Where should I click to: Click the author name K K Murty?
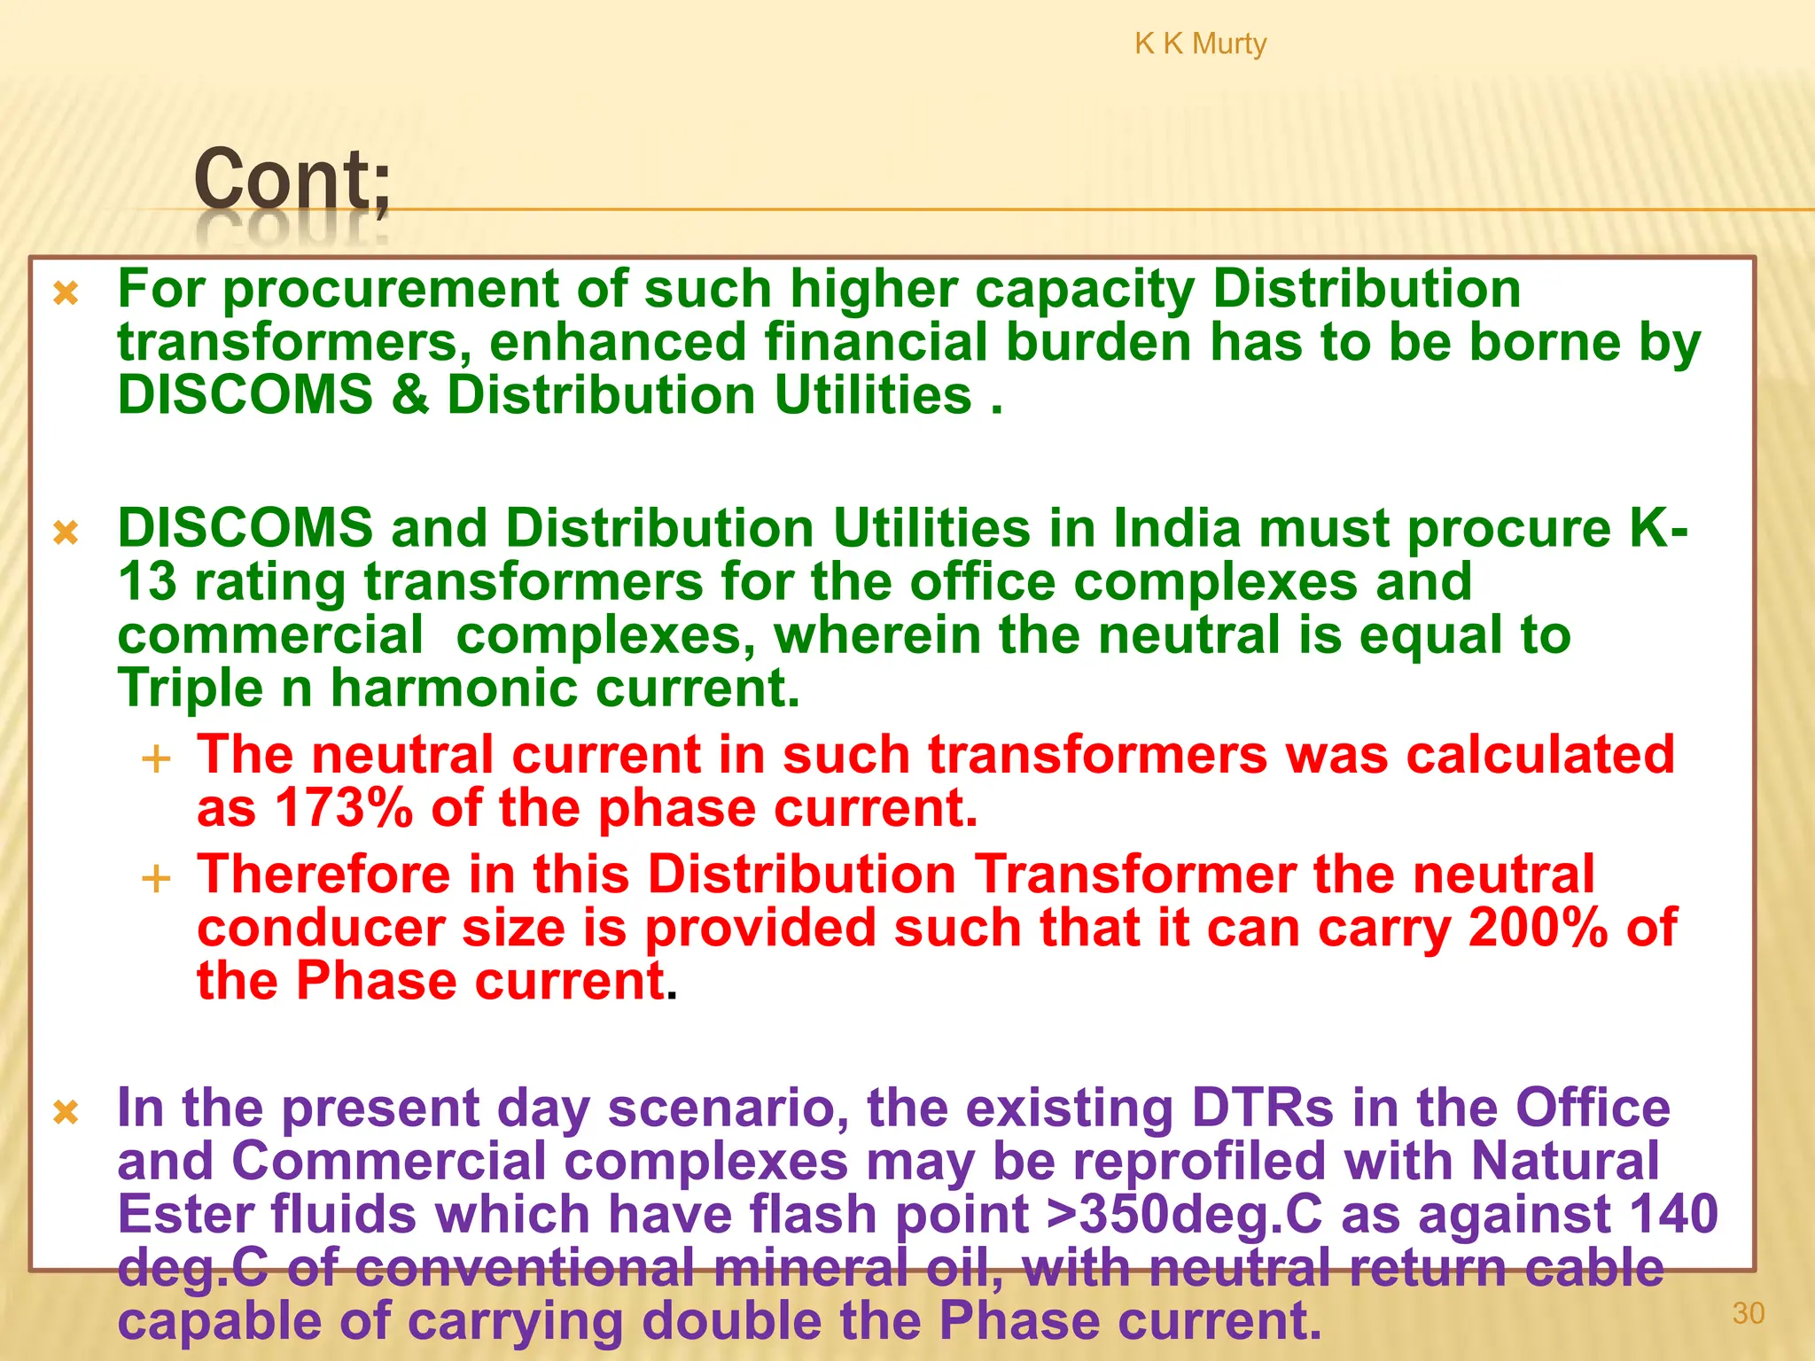(x=1200, y=43)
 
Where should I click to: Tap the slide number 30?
(x=1748, y=1313)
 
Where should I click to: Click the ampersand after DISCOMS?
(x=409, y=395)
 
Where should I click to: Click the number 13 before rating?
(x=147, y=582)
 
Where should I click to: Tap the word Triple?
(x=191, y=689)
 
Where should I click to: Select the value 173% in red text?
(x=344, y=808)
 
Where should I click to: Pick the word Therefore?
(x=323, y=875)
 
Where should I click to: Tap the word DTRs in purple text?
(x=1262, y=1108)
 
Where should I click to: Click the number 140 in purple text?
(x=1674, y=1214)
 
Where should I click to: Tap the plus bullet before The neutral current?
(x=156, y=759)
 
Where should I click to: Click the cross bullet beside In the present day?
(x=66, y=1111)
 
